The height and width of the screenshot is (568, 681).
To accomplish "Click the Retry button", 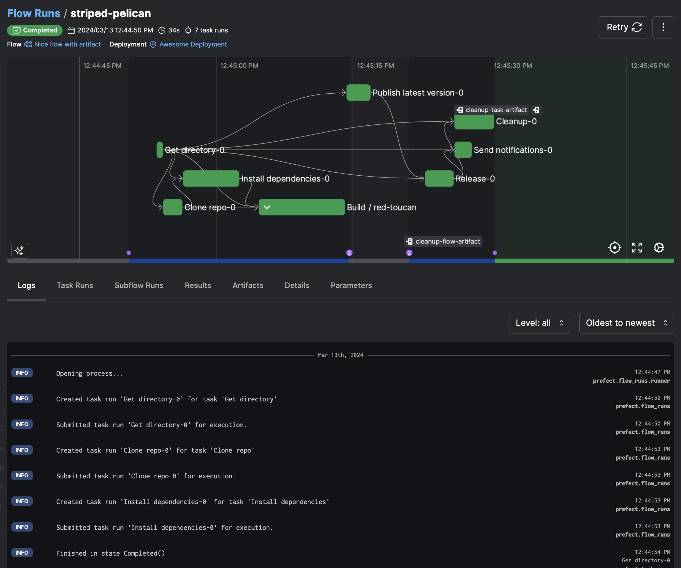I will tap(622, 27).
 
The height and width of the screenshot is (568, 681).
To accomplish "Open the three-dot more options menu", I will tap(663, 27).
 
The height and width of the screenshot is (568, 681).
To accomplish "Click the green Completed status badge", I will tap(35, 30).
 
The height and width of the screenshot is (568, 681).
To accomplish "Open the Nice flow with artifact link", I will tap(67, 44).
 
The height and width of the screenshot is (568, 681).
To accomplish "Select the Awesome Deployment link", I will tap(193, 44).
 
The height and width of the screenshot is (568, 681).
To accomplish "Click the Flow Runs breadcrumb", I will tap(34, 13).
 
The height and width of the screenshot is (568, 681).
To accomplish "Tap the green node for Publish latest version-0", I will tap(358, 93).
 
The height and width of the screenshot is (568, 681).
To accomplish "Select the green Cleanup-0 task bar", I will tap(474, 122).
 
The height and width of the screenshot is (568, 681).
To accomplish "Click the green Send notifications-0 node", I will tap(463, 150).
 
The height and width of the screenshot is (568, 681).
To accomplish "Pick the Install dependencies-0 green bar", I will tap(211, 179).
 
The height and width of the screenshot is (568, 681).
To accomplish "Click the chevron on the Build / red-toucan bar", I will tap(267, 207).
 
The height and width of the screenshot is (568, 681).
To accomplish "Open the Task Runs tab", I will tap(75, 285).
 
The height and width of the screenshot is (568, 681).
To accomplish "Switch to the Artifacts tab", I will tap(248, 285).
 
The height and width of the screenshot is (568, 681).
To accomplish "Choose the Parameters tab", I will tap(351, 285).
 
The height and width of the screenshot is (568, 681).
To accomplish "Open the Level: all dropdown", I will tap(539, 323).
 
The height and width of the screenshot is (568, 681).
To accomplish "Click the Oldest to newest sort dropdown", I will tap(626, 323).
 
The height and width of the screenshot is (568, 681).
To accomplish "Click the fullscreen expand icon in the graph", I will tap(637, 248).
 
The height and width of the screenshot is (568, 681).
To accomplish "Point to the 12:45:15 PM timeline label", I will tap(375, 66).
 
